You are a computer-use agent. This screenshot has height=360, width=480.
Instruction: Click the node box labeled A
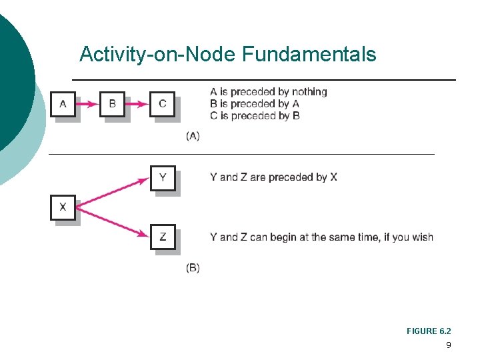coord(63,104)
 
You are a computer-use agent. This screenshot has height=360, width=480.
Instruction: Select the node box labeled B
coord(112,104)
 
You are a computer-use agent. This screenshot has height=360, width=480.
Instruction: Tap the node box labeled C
coord(162,104)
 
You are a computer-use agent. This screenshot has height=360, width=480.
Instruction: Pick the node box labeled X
coord(63,207)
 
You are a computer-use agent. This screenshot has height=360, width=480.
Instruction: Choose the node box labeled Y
coord(163,178)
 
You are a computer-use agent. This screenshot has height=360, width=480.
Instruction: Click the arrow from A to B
coord(87,104)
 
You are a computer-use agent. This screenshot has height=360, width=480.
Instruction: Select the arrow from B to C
coord(137,104)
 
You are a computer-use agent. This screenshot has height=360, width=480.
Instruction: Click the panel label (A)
coord(192,136)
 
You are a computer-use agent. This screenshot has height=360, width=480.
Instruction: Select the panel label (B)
coord(192,268)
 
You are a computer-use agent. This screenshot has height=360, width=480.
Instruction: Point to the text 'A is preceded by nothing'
coord(268,92)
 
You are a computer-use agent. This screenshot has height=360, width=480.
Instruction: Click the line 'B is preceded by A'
coord(254,104)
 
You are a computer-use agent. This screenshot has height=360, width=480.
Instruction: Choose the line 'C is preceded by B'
coord(254,116)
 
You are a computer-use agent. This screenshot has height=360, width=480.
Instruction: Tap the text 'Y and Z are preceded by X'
coord(273,177)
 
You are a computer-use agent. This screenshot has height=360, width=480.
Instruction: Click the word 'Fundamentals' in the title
coord(309,54)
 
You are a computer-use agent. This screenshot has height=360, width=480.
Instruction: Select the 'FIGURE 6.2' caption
coord(429,331)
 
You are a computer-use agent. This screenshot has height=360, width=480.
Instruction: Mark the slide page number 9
coord(448,345)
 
